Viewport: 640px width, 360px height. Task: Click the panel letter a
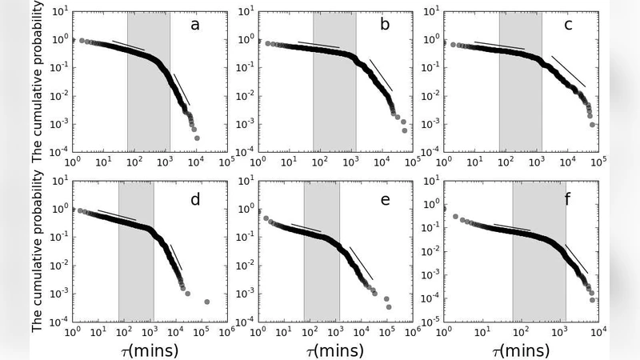(x=194, y=25)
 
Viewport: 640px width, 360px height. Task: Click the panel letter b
(x=385, y=25)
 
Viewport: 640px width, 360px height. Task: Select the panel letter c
(x=568, y=25)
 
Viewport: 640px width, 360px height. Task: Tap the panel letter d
(x=194, y=199)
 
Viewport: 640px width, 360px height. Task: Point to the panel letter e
(x=385, y=199)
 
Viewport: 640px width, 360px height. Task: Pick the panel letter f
(x=568, y=199)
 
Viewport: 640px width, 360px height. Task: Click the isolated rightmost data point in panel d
(x=206, y=302)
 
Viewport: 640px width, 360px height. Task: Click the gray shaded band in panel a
(x=149, y=80)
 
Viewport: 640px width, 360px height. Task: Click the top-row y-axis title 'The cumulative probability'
(x=38, y=83)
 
